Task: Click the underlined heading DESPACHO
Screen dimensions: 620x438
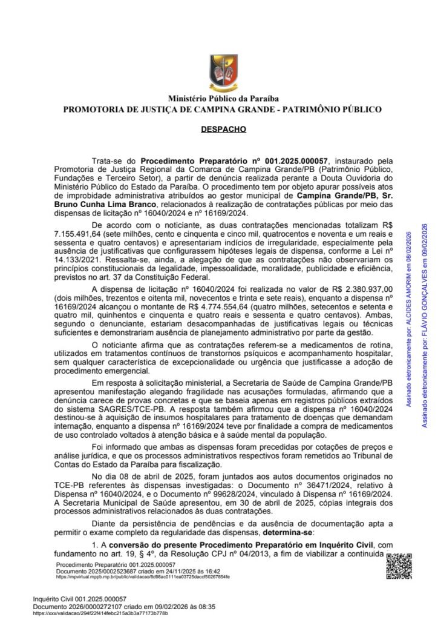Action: (x=218, y=129)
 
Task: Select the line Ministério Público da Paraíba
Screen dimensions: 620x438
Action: (x=219, y=99)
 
